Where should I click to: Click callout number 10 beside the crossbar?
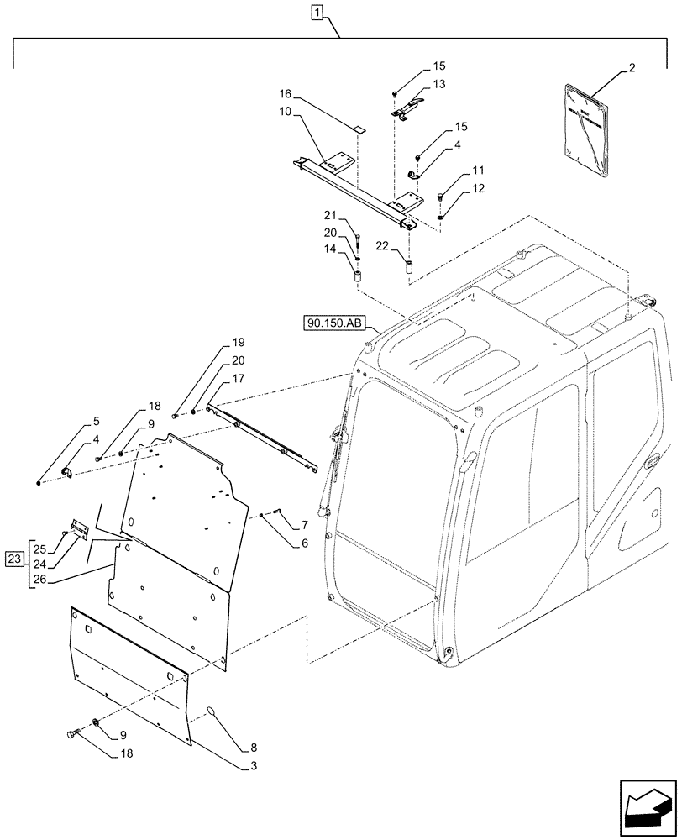[286, 113]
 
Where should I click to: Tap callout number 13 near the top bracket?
[439, 84]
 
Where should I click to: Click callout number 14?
[331, 250]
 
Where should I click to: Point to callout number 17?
[239, 380]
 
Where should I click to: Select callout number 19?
[239, 343]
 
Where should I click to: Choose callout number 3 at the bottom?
[254, 766]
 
